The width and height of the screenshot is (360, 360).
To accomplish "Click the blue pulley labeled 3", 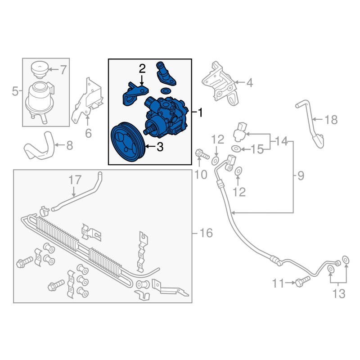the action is coord(127,142).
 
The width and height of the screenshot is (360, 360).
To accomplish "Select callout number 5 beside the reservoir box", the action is coord(15,91).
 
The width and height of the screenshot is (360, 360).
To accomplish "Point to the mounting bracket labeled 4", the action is coord(220,84).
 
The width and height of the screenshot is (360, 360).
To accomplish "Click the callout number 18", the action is coord(331,120).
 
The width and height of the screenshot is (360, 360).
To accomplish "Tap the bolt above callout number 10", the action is coord(202,154).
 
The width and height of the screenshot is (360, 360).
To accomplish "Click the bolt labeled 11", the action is coord(302,282).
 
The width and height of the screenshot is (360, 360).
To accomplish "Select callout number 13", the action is coord(339,294).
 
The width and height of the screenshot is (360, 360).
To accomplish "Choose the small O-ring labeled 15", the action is coord(236,149).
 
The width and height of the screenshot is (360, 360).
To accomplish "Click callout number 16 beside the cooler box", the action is coord(207,233).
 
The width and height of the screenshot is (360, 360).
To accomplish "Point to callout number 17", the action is coord(75,180).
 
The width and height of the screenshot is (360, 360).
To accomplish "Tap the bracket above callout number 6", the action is coord(87,100).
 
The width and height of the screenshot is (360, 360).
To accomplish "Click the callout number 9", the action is coord(301,175).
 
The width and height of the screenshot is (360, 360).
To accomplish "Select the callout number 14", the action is coord(281,141).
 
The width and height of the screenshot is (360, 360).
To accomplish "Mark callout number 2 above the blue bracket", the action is coord(142,69).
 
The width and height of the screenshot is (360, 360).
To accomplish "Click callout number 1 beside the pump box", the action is coord(200,112).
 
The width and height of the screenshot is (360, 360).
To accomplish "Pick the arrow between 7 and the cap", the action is coord(53,69).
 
